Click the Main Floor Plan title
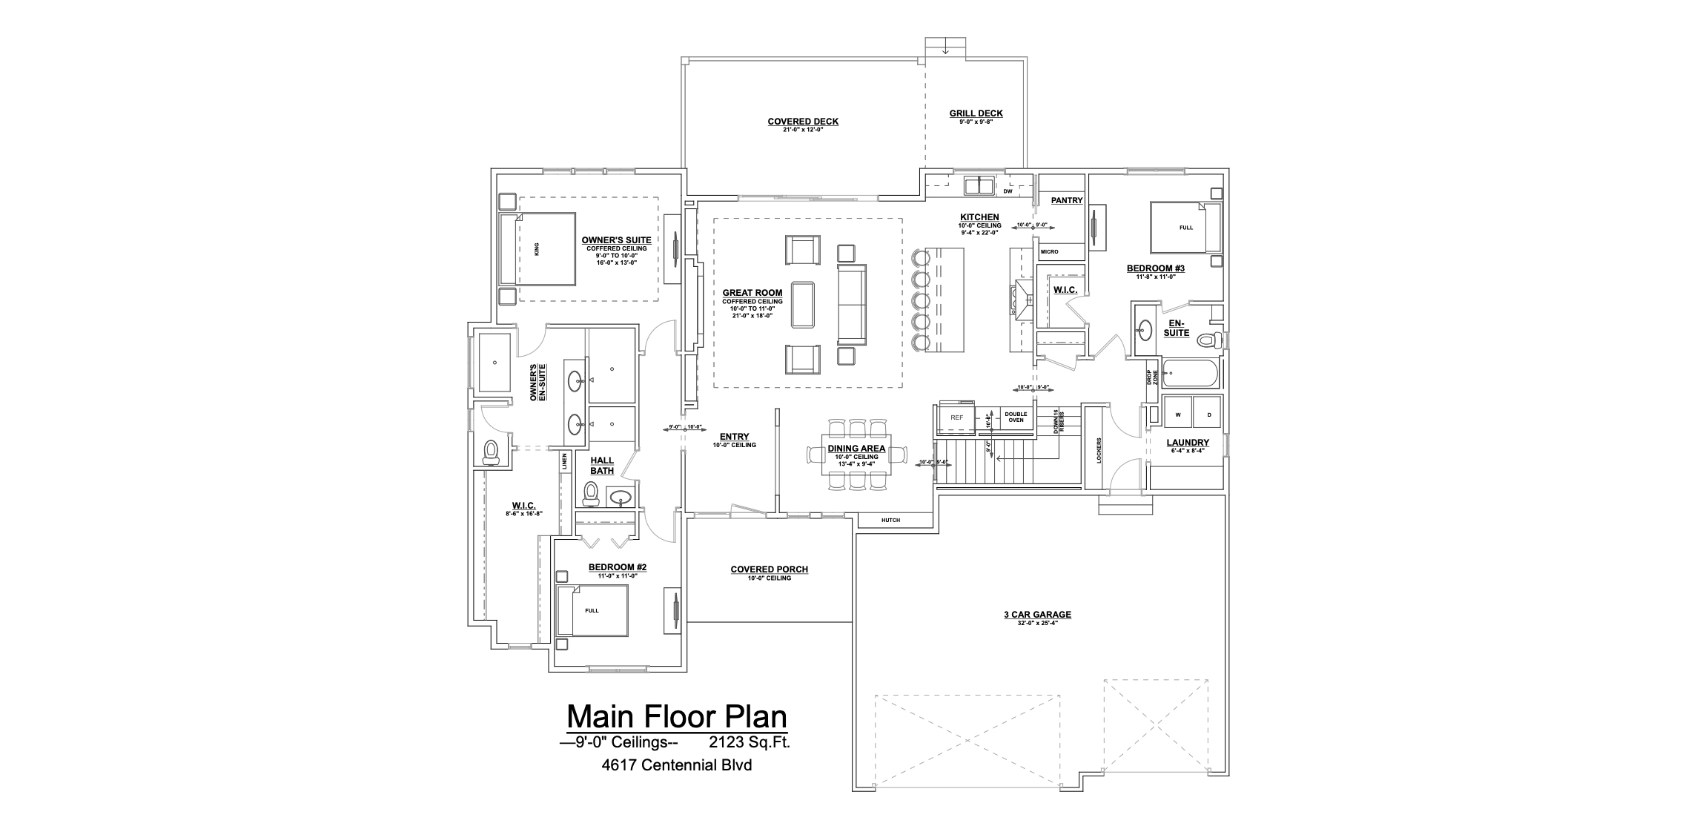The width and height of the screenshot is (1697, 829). (677, 717)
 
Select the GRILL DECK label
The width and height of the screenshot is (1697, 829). (976, 113)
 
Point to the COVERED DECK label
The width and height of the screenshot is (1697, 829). (803, 122)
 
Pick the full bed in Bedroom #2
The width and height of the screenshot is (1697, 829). (592, 610)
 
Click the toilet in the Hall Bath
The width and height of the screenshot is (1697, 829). (591, 493)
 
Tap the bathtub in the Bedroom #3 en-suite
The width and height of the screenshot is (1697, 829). (1190, 374)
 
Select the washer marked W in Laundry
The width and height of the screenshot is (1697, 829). (1177, 414)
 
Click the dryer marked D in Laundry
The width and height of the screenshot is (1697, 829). (1208, 414)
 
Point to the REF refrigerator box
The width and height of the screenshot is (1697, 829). (957, 417)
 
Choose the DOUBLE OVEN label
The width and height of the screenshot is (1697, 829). (1015, 417)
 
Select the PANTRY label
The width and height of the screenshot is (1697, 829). (1067, 200)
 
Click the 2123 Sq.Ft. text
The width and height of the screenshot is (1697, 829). (750, 742)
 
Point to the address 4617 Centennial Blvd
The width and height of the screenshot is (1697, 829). (677, 765)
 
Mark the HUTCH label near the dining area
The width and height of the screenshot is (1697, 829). (890, 521)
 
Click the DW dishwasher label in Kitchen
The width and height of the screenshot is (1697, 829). (1008, 191)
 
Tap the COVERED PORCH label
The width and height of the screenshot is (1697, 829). (769, 569)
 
